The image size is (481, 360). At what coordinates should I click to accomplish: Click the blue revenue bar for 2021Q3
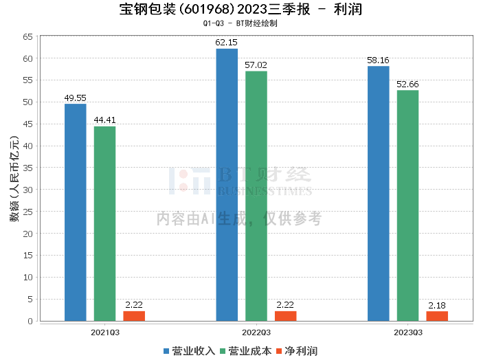[x=75, y=212]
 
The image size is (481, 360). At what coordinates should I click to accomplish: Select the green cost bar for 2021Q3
[x=104, y=223]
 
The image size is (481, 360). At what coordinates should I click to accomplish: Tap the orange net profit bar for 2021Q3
[x=134, y=316]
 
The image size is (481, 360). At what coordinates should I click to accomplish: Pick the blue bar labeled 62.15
[x=227, y=185]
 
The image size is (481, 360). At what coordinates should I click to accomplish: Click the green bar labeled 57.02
[x=256, y=196]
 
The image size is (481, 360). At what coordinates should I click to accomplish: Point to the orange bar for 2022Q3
[x=286, y=316]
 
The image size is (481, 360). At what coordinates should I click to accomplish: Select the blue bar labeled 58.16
[x=378, y=193]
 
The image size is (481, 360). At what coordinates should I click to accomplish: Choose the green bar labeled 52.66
[x=407, y=205]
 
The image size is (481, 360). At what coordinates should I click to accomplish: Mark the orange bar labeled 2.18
[x=437, y=316]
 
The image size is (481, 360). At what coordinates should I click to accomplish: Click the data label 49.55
[x=75, y=98]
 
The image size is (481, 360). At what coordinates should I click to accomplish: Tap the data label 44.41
[x=104, y=120]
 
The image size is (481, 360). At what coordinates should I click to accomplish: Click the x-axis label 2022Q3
[x=256, y=331]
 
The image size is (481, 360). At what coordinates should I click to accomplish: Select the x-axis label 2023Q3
[x=407, y=331]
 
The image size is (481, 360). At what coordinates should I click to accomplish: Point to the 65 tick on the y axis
[x=27, y=36]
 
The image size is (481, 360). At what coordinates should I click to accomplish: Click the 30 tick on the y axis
[x=27, y=190]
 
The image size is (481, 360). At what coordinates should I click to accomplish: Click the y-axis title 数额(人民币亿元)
[x=13, y=179]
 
